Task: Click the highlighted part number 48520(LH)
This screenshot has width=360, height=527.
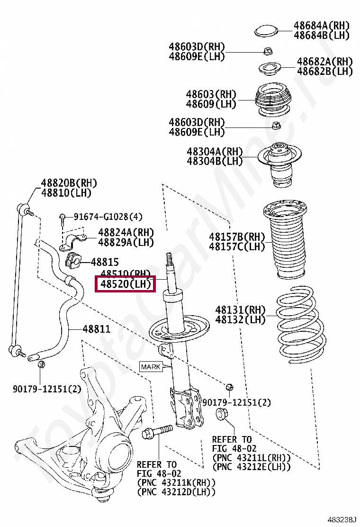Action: point(125,285)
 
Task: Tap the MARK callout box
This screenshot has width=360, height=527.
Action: point(151,367)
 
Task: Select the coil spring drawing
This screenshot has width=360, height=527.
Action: point(300,327)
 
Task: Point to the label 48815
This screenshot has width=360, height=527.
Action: point(105,262)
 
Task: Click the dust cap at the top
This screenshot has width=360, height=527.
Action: point(267,31)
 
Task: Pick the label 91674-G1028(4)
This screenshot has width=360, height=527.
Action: point(108,217)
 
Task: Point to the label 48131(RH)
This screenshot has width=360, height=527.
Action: point(240,310)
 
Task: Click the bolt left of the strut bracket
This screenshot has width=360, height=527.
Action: point(156,432)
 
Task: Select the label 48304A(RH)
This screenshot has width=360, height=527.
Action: point(214,152)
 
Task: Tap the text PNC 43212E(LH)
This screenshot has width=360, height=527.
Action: point(252,467)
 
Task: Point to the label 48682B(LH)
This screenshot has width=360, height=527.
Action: point(325,71)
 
